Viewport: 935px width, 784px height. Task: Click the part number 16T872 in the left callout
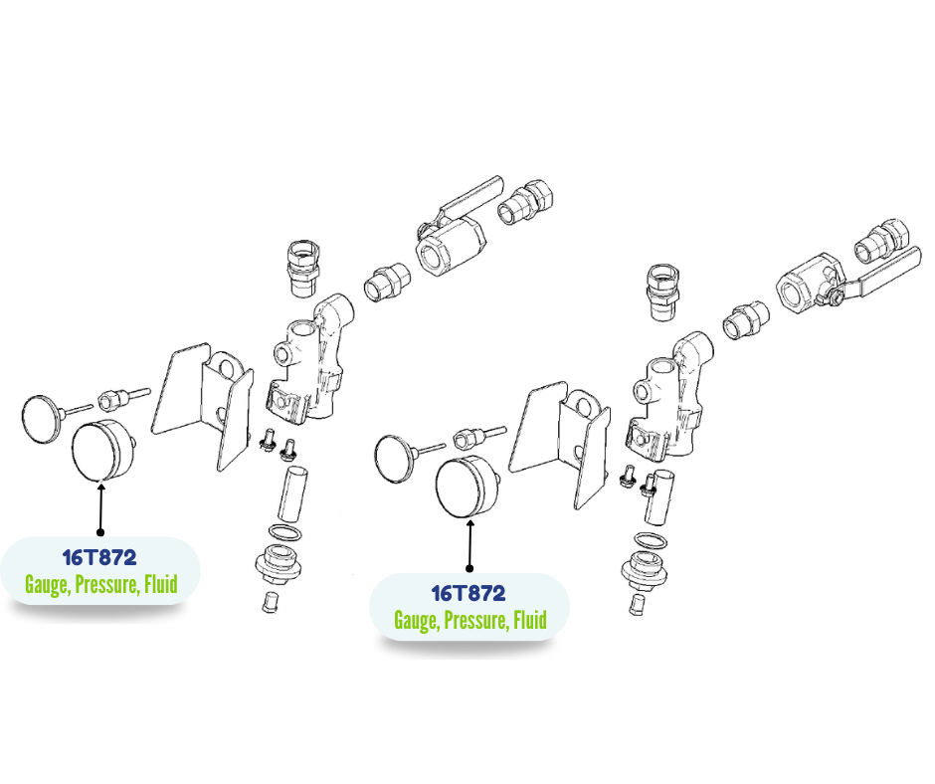click(x=99, y=557)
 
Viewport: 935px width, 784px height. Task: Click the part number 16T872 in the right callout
click(x=468, y=593)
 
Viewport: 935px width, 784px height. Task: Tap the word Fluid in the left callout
click(x=161, y=584)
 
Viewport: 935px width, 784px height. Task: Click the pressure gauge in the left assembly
click(x=102, y=450)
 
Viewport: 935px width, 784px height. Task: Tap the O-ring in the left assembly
click(x=284, y=532)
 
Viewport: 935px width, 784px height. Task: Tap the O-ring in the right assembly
click(x=651, y=540)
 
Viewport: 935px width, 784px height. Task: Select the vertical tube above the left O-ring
click(x=292, y=494)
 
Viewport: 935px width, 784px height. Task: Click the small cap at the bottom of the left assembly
click(x=270, y=601)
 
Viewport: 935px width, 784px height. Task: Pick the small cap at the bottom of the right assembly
click(x=637, y=604)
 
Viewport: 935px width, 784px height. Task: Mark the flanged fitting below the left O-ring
click(x=278, y=564)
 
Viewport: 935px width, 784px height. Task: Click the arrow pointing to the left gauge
click(x=100, y=507)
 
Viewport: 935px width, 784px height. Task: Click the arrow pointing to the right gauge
click(x=469, y=545)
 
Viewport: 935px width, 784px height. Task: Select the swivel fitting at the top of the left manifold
click(x=304, y=268)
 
